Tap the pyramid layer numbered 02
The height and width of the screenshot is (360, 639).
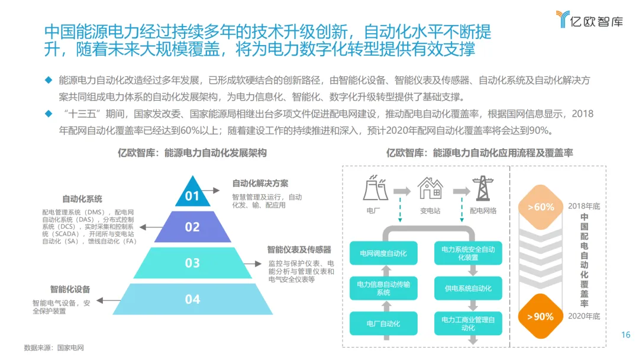point(193,227)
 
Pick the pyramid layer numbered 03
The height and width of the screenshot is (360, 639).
point(193,262)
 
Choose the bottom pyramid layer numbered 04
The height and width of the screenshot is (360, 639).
point(193,299)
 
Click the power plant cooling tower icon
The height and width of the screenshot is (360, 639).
point(373,188)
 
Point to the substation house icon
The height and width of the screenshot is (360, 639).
point(430,188)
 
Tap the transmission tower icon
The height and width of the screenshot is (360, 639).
point(482,188)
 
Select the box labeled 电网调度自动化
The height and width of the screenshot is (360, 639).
point(383,253)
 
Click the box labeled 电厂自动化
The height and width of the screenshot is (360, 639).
point(383,323)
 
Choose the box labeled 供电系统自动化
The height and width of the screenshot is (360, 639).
point(468,288)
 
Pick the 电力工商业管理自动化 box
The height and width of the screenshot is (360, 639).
point(468,323)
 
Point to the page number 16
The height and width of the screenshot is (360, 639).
point(625,335)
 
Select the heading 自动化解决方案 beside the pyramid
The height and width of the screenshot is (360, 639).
point(260,183)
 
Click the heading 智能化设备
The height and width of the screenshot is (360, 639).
point(70,289)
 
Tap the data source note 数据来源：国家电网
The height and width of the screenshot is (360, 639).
point(54,348)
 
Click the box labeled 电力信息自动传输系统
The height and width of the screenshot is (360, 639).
point(383,288)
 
